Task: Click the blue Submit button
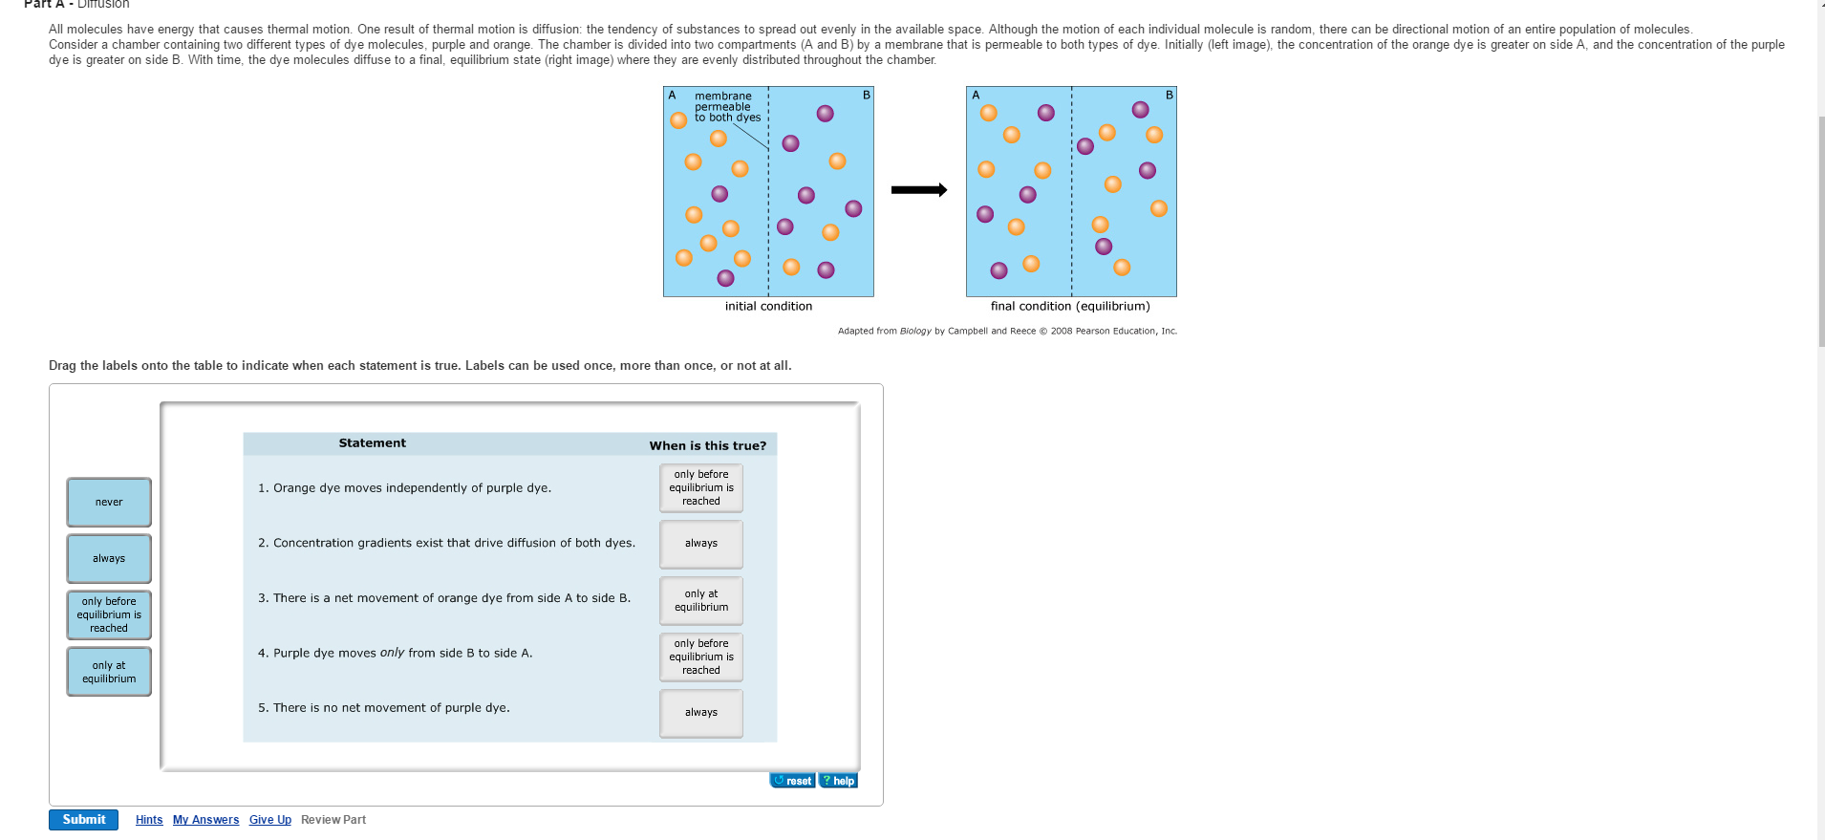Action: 83,820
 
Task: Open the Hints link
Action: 149,820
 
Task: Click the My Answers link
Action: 205,820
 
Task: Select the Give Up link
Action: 270,820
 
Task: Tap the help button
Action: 839,781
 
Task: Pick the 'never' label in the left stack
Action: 109,503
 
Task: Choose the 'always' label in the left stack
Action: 109,559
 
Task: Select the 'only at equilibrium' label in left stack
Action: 109,672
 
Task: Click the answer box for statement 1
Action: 701,488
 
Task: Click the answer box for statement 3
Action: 701,601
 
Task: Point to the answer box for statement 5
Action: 701,713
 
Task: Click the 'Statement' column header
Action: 372,443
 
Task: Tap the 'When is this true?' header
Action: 708,445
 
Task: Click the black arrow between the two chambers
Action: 918,190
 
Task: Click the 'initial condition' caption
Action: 768,307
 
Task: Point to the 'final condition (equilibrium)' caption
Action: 1070,307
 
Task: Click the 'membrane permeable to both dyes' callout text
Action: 726,107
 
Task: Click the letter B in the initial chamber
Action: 867,96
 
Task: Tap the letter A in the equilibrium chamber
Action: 976,96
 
